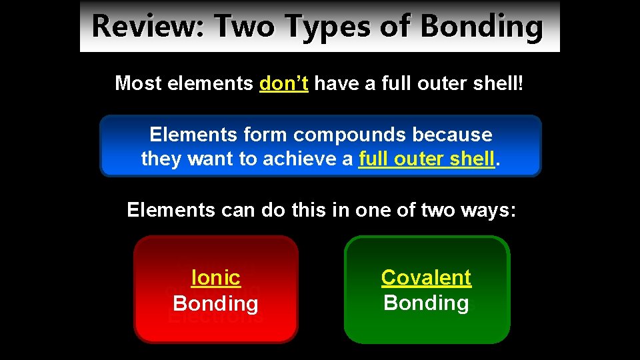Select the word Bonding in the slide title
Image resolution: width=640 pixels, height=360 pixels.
pyautogui.click(x=482, y=27)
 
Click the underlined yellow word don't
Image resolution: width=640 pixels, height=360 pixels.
pyautogui.click(x=283, y=83)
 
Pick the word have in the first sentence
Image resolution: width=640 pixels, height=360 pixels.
pyautogui.click(x=335, y=83)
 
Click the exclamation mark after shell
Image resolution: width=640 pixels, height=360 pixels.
pyautogui.click(x=522, y=83)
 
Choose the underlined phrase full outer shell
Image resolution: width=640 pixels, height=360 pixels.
pyautogui.click(x=427, y=159)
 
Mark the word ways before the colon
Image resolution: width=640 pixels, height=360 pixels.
pyautogui.click(x=487, y=211)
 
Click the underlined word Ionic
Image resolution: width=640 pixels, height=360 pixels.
pyautogui.click(x=215, y=277)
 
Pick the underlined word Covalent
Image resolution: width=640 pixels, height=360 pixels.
pyautogui.click(x=426, y=277)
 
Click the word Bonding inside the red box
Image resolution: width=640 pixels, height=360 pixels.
pyautogui.click(x=215, y=303)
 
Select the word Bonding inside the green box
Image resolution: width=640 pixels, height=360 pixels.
pyautogui.click(x=426, y=303)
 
